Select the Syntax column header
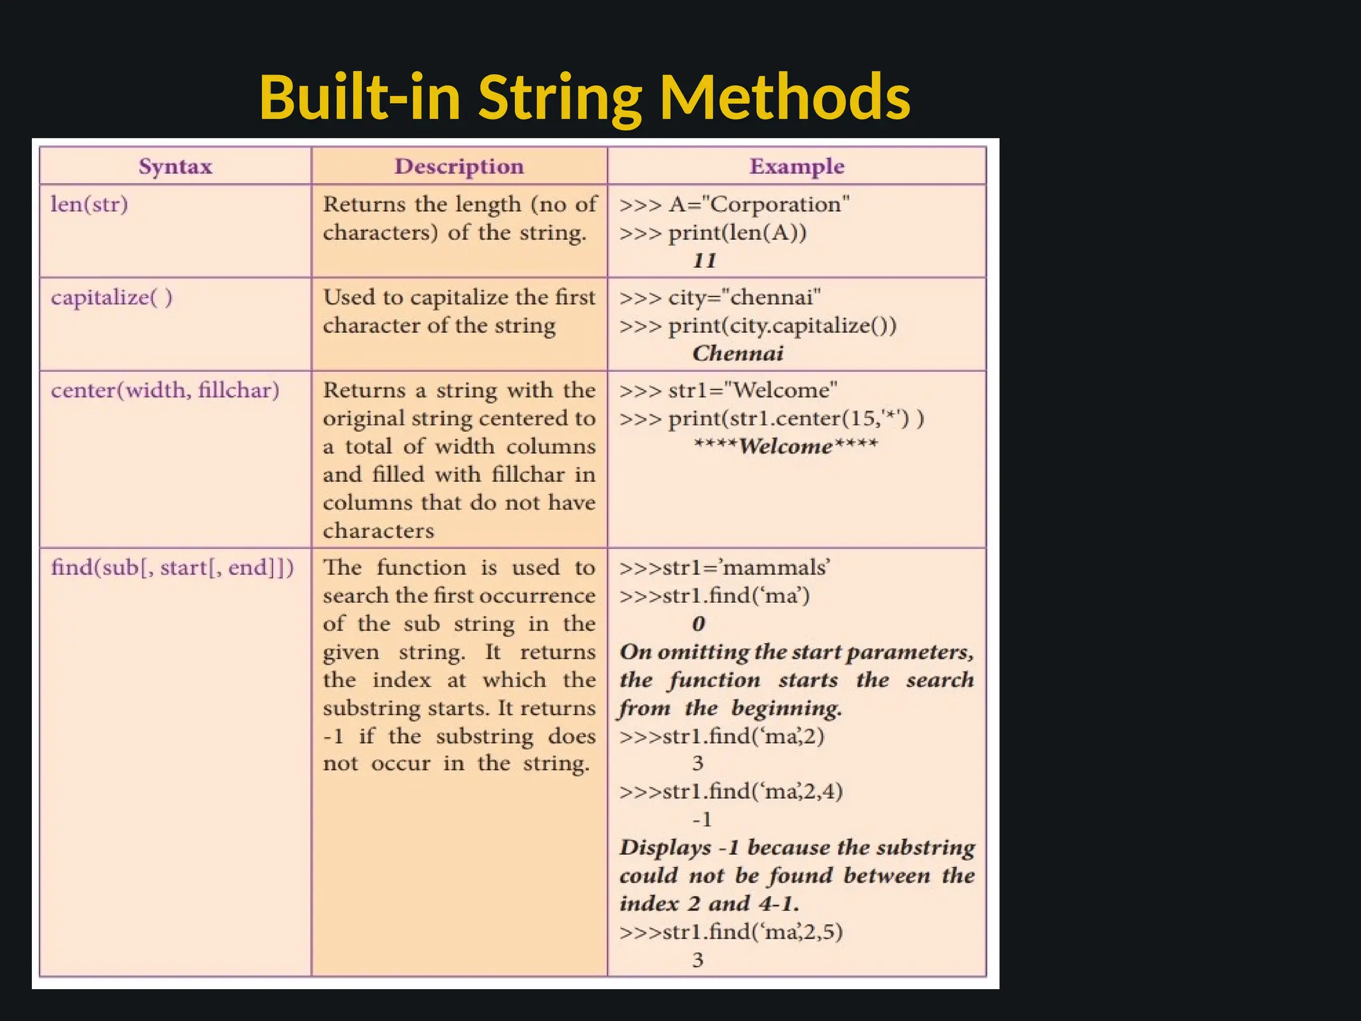(175, 166)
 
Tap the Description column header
(459, 166)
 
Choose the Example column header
(797, 166)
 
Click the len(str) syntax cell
(89, 204)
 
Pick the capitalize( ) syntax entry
(112, 297)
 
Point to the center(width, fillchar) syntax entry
(165, 390)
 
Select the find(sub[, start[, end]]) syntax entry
(172, 568)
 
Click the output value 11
(704, 261)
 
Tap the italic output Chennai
(738, 354)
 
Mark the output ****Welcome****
(785, 446)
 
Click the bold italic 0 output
(698, 624)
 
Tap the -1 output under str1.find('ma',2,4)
(702, 820)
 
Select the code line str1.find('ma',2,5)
(731, 932)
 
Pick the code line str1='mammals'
(724, 568)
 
